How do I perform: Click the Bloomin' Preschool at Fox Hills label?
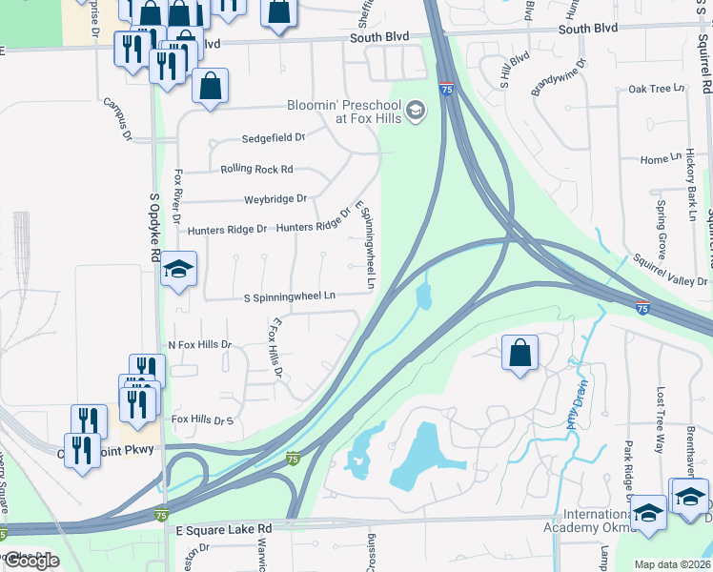344,112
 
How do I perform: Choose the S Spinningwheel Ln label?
290,296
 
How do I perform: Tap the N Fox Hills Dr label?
200,344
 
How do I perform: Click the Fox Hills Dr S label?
202,419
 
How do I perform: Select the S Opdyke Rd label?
154,229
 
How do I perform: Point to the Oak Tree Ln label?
657,89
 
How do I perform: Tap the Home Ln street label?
655,159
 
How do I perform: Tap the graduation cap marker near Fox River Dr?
178,271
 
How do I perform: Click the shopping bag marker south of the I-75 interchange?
520,353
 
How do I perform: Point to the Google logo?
31,561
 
